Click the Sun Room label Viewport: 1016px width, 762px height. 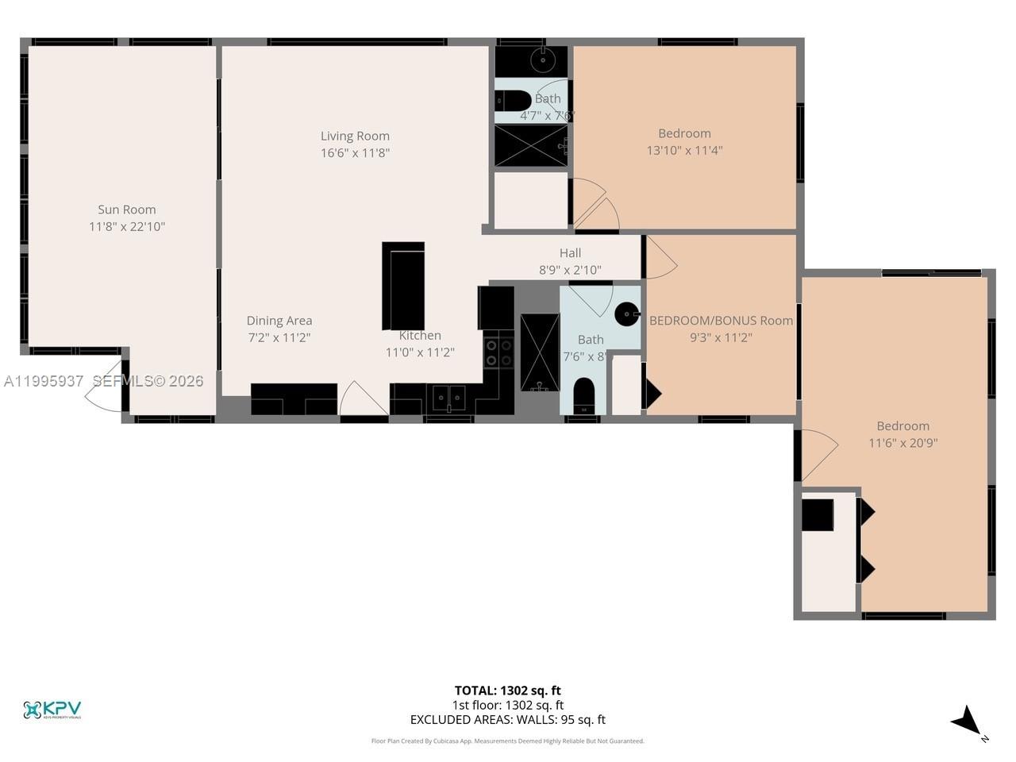tap(127, 210)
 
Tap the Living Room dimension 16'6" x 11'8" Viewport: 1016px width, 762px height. tap(355, 152)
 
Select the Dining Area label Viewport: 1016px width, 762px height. tap(279, 321)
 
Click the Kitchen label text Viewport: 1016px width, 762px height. tap(420, 336)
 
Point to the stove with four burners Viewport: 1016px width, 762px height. tap(498, 352)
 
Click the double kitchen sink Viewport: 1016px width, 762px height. tap(448, 396)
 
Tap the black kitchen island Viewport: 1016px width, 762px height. tap(403, 286)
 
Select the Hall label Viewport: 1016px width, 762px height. tap(570, 253)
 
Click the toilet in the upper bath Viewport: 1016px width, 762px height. tap(514, 101)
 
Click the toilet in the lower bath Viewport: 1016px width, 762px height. tap(583, 394)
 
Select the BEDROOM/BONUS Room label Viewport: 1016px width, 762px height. tap(721, 321)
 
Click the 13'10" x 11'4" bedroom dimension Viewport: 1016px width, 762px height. tap(684, 150)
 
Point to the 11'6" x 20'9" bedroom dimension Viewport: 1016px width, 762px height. tap(902, 443)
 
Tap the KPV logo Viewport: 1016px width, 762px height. tap(52, 710)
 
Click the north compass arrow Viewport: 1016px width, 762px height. tap(968, 721)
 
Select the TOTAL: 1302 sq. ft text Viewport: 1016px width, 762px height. tap(507, 691)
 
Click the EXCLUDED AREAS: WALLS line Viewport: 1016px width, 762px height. tap(507, 720)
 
